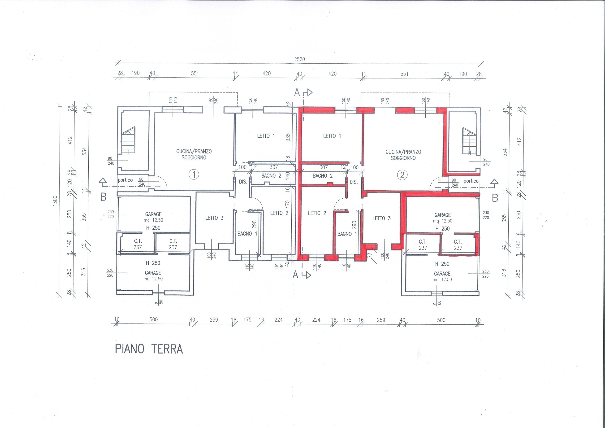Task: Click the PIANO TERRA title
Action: pos(149,349)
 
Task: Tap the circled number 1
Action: pos(194,175)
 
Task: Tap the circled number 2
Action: pos(402,175)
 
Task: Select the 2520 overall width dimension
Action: pos(300,59)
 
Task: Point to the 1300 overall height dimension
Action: pos(55,201)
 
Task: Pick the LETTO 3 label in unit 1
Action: pos(214,218)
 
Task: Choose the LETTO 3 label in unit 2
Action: pos(381,218)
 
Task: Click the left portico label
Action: pos(125,180)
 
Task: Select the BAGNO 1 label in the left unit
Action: pos(247,234)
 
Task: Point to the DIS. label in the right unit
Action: pos(354,182)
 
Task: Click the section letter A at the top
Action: pos(297,92)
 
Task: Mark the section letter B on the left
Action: pos(104,197)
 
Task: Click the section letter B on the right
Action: pos(495,198)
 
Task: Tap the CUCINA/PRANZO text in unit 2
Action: pos(403,152)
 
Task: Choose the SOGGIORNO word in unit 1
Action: pos(194,157)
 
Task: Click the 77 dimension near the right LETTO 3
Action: pos(369,255)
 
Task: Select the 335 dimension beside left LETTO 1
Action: pos(288,137)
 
